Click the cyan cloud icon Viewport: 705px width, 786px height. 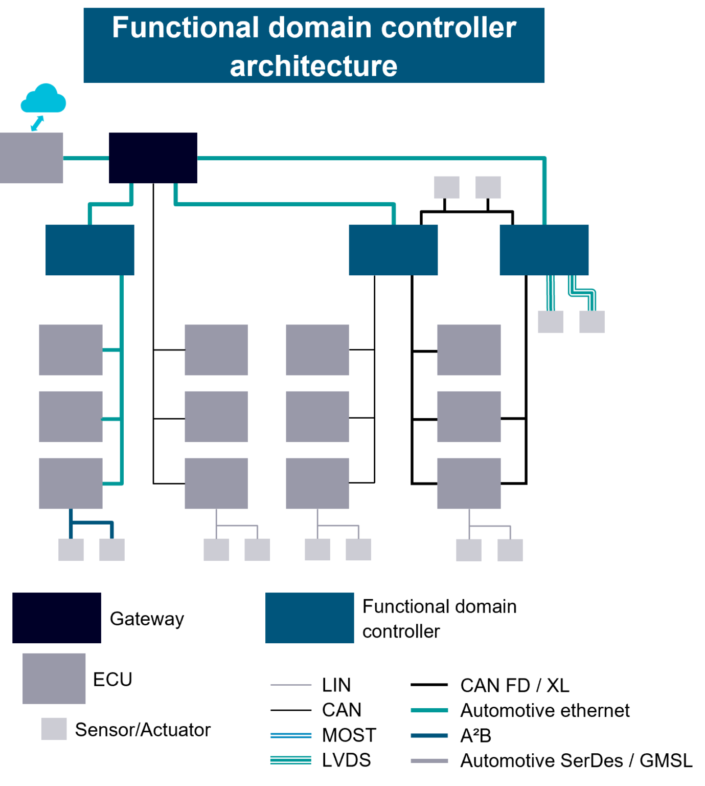click(x=43, y=98)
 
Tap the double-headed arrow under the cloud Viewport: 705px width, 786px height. click(x=37, y=123)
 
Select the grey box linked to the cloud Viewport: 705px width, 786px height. click(x=31, y=158)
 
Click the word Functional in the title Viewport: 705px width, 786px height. click(x=186, y=28)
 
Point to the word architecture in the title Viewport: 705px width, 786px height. click(x=313, y=67)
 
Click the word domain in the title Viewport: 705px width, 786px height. click(x=320, y=28)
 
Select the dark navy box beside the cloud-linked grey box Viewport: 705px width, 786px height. click(x=153, y=158)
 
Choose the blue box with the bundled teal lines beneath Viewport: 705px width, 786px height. click(x=544, y=250)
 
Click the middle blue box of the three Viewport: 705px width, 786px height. click(x=393, y=250)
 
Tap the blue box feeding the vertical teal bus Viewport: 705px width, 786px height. click(x=90, y=250)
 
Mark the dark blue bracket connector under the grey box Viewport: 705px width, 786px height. click(x=92, y=523)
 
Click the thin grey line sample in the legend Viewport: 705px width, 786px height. click(x=290, y=685)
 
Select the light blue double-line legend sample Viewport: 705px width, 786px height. click(x=290, y=735)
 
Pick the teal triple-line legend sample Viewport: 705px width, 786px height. click(x=290, y=760)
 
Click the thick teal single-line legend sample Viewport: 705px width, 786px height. click(x=429, y=710)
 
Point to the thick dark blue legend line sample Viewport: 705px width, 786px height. click(x=429, y=735)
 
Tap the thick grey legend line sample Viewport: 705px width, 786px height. click(x=429, y=761)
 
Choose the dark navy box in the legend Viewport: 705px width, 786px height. click(x=56, y=618)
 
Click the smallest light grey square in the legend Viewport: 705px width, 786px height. click(x=54, y=729)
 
